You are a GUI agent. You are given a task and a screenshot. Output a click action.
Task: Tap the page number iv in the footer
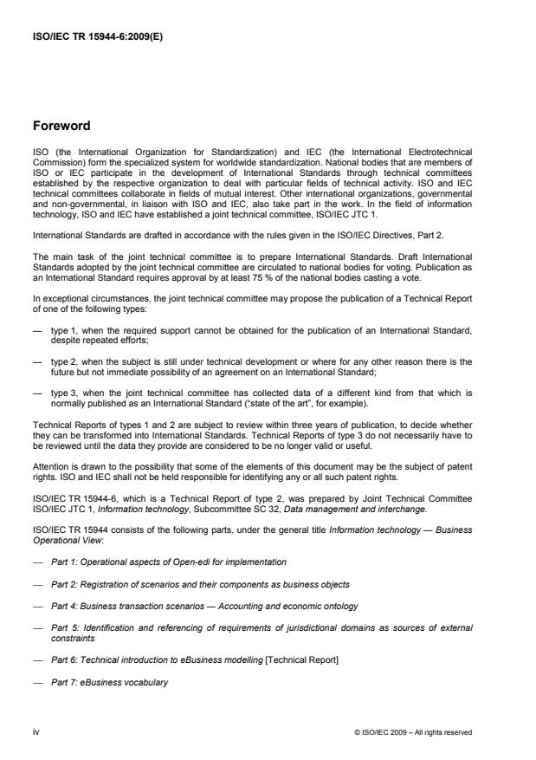click(36, 732)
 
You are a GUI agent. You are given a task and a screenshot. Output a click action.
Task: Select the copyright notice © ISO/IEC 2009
click(413, 732)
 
